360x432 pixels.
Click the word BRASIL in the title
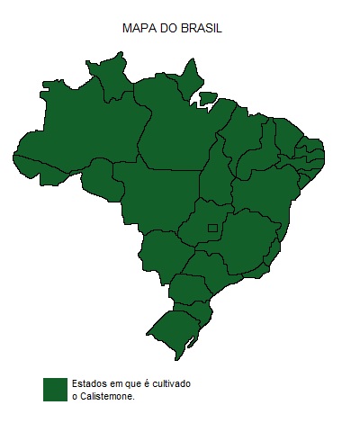[202, 29]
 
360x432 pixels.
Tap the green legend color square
[56, 389]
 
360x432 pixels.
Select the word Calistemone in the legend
[107, 396]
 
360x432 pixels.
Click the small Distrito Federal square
[212, 228]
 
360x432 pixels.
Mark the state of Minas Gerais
[243, 238]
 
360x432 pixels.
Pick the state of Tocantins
[216, 175]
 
